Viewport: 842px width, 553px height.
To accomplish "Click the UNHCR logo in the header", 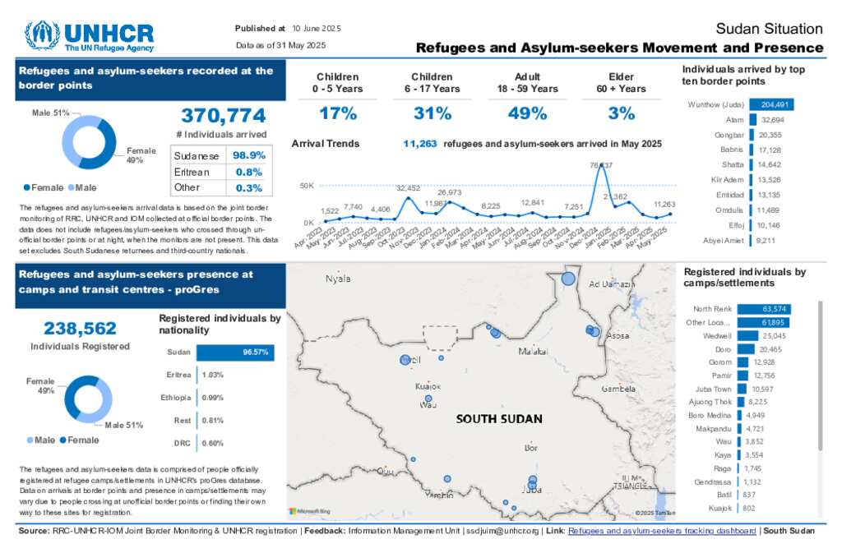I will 89,36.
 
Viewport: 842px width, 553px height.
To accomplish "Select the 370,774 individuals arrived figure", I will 223,116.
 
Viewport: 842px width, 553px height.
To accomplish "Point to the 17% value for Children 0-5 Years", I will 337,113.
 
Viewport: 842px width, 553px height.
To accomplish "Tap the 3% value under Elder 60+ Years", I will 622,113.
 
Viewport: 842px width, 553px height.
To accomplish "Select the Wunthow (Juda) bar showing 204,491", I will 771,105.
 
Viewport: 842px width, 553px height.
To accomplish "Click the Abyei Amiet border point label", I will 723,240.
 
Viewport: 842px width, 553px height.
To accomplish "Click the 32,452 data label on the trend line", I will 408,188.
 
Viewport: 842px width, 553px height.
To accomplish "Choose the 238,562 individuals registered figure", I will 80,329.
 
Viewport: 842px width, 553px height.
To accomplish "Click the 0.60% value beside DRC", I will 213,444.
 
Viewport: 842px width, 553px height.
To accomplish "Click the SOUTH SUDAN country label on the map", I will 499,419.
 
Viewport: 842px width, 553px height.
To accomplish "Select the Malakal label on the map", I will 533,352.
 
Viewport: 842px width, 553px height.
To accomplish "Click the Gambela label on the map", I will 619,389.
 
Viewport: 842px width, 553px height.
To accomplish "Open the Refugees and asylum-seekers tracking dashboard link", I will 662,531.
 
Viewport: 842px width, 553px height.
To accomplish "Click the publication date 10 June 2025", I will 316,29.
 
